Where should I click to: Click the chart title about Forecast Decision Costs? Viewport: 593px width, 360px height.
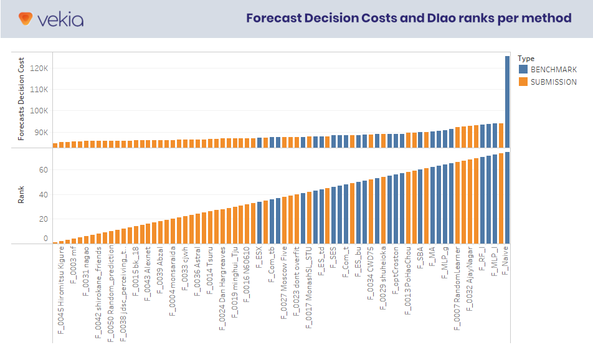tap(409, 18)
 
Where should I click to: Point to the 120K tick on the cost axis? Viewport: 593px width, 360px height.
tap(39, 68)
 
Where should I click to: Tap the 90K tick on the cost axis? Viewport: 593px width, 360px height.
tap(40, 132)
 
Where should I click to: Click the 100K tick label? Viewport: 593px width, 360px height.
tap(39, 111)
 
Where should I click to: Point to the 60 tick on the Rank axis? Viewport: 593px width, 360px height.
tap(44, 170)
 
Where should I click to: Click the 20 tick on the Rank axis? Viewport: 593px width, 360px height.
tap(44, 219)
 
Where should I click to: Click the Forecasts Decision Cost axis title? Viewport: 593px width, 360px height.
tap(21, 99)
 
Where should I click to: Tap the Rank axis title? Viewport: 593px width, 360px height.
tap(21, 197)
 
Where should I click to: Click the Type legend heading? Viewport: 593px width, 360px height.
tap(526, 59)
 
